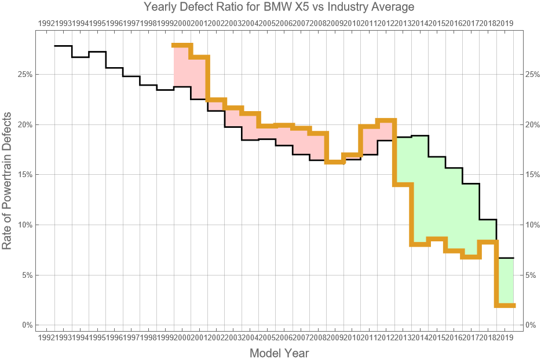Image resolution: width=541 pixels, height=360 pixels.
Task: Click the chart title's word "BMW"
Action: click(281, 8)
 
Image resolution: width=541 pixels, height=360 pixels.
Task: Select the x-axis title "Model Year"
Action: click(279, 353)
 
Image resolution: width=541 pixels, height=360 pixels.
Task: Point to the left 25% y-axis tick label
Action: click(24, 75)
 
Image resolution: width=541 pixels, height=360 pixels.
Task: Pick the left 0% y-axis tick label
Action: click(26, 325)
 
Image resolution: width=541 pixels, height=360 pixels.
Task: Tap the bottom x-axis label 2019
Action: click(505, 337)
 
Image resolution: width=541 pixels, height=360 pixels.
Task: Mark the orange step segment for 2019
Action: click(505, 305)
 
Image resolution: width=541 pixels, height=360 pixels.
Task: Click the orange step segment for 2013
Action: click(403, 184)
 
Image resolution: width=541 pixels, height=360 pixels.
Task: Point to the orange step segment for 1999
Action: click(182, 45)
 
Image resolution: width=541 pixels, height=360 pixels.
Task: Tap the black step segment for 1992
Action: click(63, 46)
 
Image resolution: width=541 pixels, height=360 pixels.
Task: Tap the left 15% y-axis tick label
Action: click(24, 175)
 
